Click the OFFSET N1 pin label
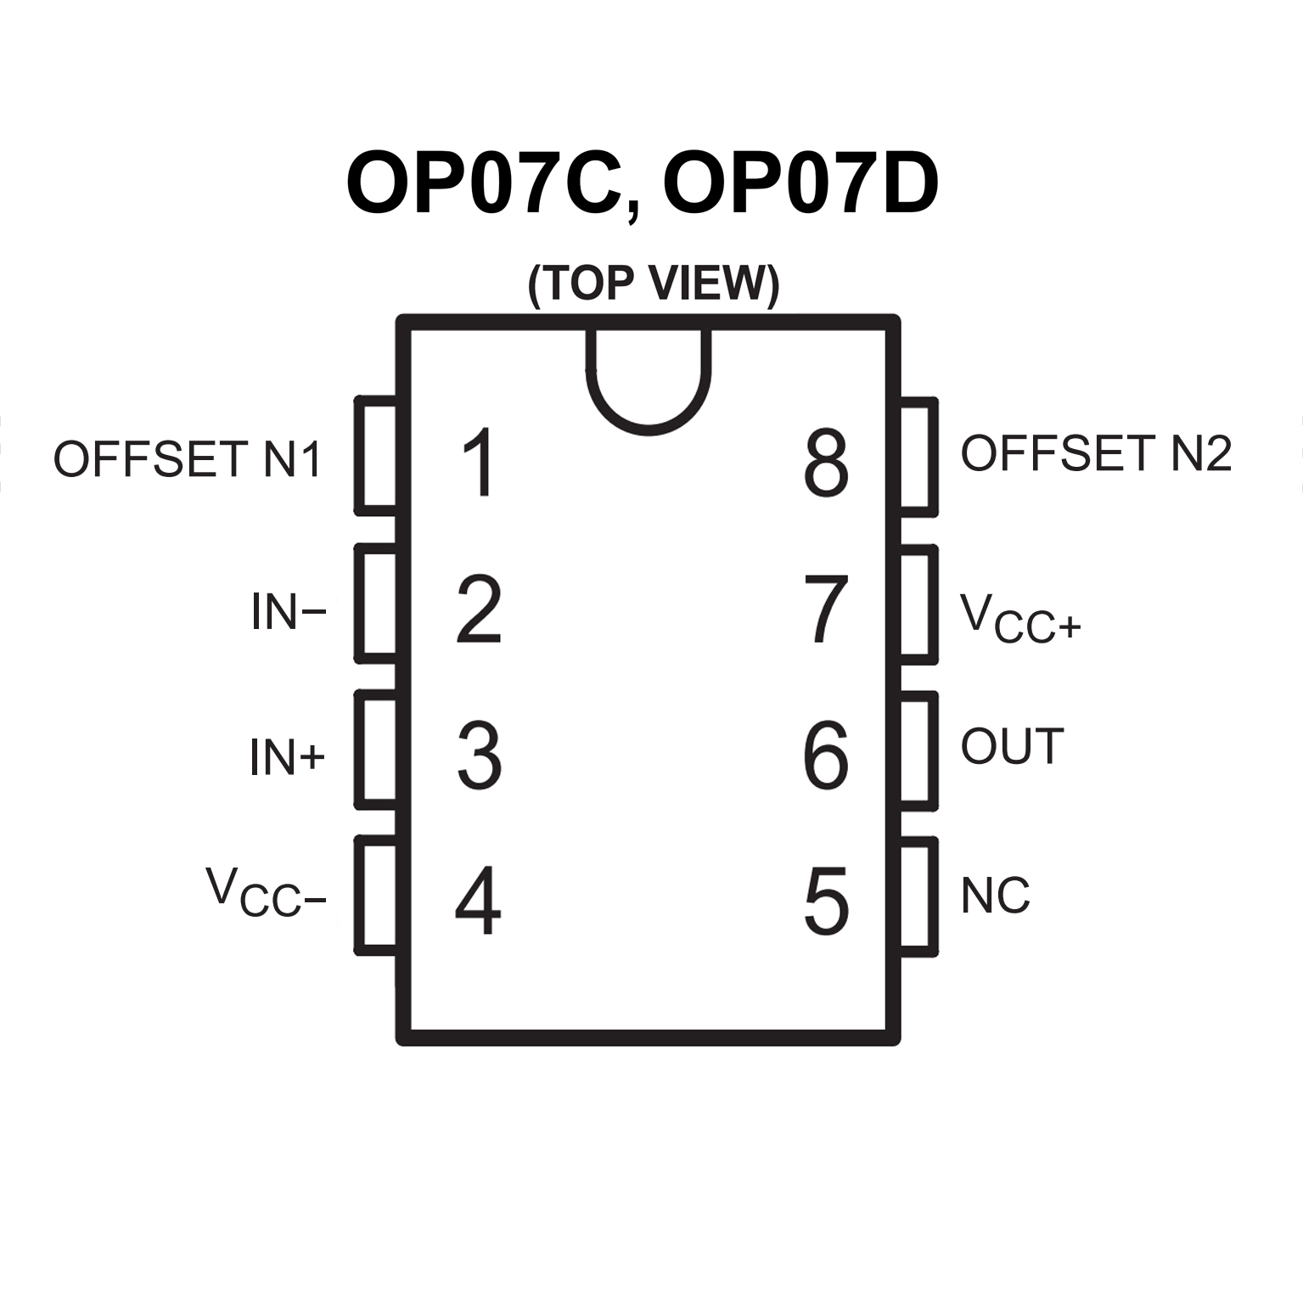click(x=188, y=459)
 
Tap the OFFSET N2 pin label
click(x=1095, y=453)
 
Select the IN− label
click(x=288, y=611)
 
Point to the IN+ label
click(x=287, y=757)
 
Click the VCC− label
click(x=266, y=893)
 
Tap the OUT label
click(x=1012, y=747)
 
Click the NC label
click(x=995, y=896)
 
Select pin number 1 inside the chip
click(x=480, y=462)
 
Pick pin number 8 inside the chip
click(x=825, y=462)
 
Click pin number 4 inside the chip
click(x=479, y=901)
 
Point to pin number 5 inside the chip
click(x=826, y=901)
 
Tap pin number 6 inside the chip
click(x=825, y=755)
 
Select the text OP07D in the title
click(x=800, y=185)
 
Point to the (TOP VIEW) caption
click(x=653, y=284)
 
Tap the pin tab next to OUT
click(x=918, y=750)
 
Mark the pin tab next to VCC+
click(x=918, y=604)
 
